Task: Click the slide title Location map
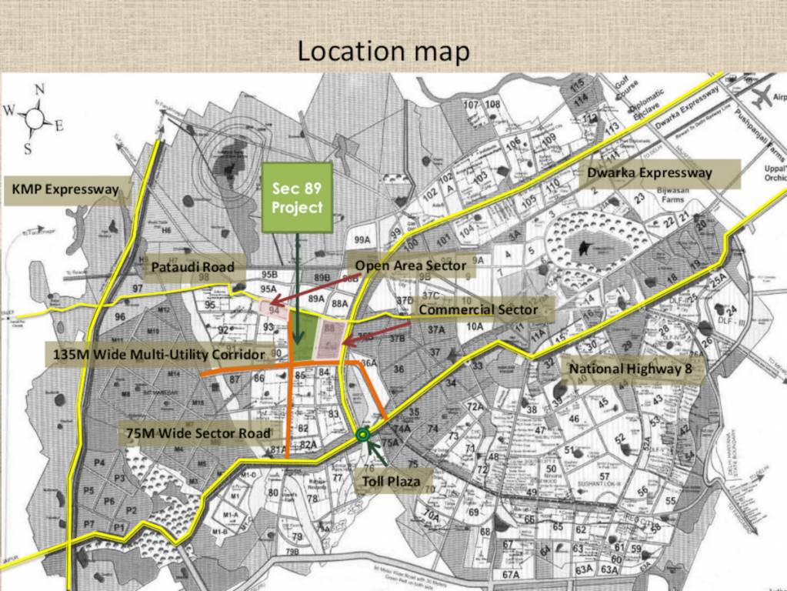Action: (383, 52)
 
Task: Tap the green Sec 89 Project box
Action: (297, 198)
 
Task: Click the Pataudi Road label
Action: (193, 268)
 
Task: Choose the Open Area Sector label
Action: (411, 265)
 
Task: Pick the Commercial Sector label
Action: (477, 310)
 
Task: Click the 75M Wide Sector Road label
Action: (198, 433)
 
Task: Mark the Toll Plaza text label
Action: (392, 482)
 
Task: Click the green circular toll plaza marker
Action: (363, 434)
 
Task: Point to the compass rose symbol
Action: (35, 119)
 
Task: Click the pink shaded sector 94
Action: (275, 309)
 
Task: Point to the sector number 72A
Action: (475, 406)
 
